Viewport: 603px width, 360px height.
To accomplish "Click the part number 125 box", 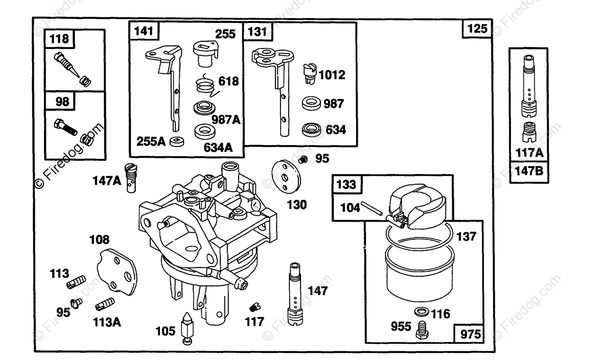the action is point(477,29).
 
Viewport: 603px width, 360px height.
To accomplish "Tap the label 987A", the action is point(226,120).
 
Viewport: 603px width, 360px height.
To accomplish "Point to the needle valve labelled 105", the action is point(187,328).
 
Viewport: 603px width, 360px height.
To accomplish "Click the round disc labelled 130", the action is point(286,177).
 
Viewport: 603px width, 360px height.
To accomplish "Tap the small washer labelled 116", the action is point(422,311).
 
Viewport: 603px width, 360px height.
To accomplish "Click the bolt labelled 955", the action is point(422,330).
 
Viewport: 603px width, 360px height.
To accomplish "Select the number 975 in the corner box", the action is point(470,334).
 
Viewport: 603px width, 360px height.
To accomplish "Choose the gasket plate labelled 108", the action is point(117,272).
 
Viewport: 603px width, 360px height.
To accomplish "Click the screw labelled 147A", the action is point(131,178).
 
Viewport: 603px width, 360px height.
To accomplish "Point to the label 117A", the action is point(529,153).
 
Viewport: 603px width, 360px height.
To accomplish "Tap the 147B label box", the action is point(529,172).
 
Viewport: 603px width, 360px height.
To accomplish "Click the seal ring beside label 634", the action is point(312,130).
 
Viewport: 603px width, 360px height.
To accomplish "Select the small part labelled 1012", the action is point(310,74).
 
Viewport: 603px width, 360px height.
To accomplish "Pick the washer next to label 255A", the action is point(176,141).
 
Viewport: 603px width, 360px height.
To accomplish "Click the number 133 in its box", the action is point(346,184).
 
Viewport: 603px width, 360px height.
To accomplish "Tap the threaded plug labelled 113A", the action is point(105,304).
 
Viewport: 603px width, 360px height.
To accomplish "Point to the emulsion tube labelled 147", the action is point(295,294).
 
